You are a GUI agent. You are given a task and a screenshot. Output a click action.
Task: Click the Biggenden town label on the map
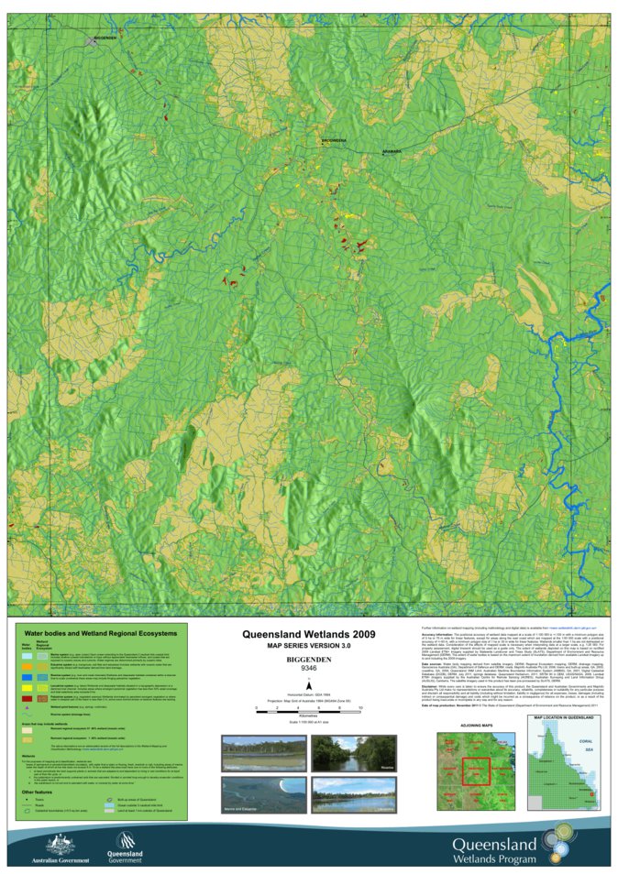105,38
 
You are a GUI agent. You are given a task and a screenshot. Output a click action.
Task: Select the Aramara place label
392,152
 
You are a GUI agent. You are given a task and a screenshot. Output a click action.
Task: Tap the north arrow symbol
309,684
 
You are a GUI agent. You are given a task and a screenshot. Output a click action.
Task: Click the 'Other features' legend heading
39,792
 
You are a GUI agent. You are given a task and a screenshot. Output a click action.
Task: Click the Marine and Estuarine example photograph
250,794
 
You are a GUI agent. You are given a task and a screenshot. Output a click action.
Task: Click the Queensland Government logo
126,847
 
